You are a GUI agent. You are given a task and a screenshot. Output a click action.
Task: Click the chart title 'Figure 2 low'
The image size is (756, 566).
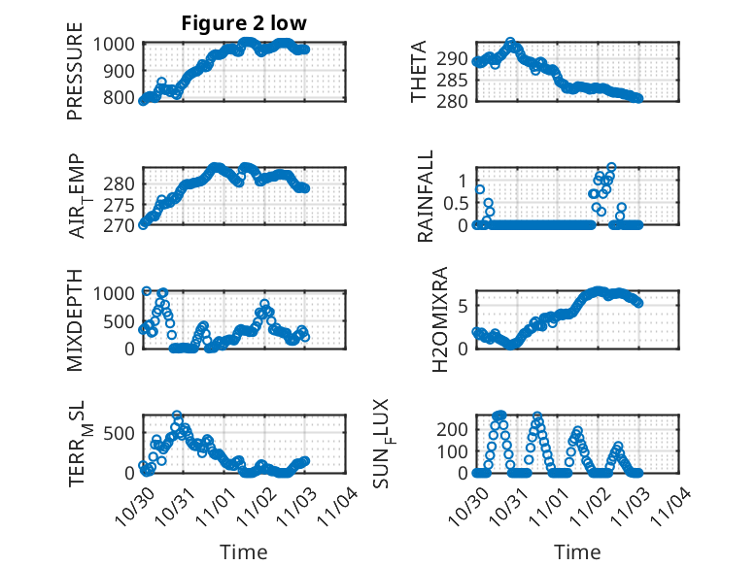[x=243, y=24]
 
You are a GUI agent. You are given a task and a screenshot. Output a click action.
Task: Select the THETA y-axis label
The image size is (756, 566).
[x=419, y=73]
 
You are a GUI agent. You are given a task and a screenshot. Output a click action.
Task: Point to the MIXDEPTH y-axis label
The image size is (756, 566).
[x=75, y=319]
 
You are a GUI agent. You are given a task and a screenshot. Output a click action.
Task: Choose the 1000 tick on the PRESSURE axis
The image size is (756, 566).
[x=116, y=44]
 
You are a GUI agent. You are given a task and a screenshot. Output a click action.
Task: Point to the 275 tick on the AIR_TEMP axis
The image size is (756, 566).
[x=121, y=205]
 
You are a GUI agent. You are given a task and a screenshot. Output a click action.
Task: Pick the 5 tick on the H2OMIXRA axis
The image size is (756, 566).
[x=464, y=306]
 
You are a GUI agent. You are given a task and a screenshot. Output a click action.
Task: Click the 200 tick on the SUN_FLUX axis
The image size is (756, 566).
[x=456, y=428]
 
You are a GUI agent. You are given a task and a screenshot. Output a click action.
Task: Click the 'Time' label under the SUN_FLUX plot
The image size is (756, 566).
[x=577, y=551]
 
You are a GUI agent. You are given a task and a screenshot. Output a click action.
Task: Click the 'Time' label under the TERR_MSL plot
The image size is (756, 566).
[x=243, y=551]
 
